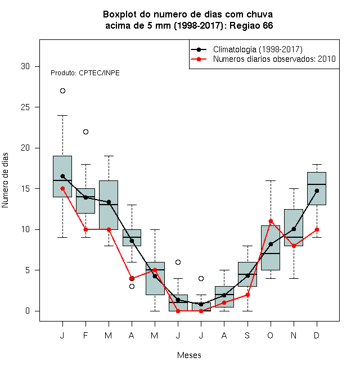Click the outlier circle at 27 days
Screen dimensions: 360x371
pos(62,91)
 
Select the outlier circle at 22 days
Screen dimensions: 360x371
pos(85,132)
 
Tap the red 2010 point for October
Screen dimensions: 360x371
pos(271,221)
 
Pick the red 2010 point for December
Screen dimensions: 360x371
pos(317,229)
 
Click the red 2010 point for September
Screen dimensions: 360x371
pos(247,295)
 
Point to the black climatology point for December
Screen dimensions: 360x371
pos(317,191)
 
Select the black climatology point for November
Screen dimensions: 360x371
pos(294,229)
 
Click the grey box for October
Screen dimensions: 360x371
pos(271,248)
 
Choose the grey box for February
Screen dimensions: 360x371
pos(85,201)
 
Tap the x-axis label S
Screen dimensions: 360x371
pos(247,335)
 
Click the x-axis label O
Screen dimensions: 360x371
pos(271,335)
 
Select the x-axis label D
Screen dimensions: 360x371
pos(317,335)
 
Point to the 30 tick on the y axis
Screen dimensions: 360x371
pos(37,66)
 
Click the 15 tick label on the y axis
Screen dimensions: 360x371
pos(25,188)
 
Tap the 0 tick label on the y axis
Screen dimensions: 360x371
pos(28,311)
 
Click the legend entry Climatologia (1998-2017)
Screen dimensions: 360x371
pos(258,49)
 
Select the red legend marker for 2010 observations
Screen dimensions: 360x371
pos(199,59)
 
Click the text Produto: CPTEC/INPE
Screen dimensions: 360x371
pos(85,73)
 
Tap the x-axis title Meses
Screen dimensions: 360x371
pos(189,355)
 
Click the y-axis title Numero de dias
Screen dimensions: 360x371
pos(5,180)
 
